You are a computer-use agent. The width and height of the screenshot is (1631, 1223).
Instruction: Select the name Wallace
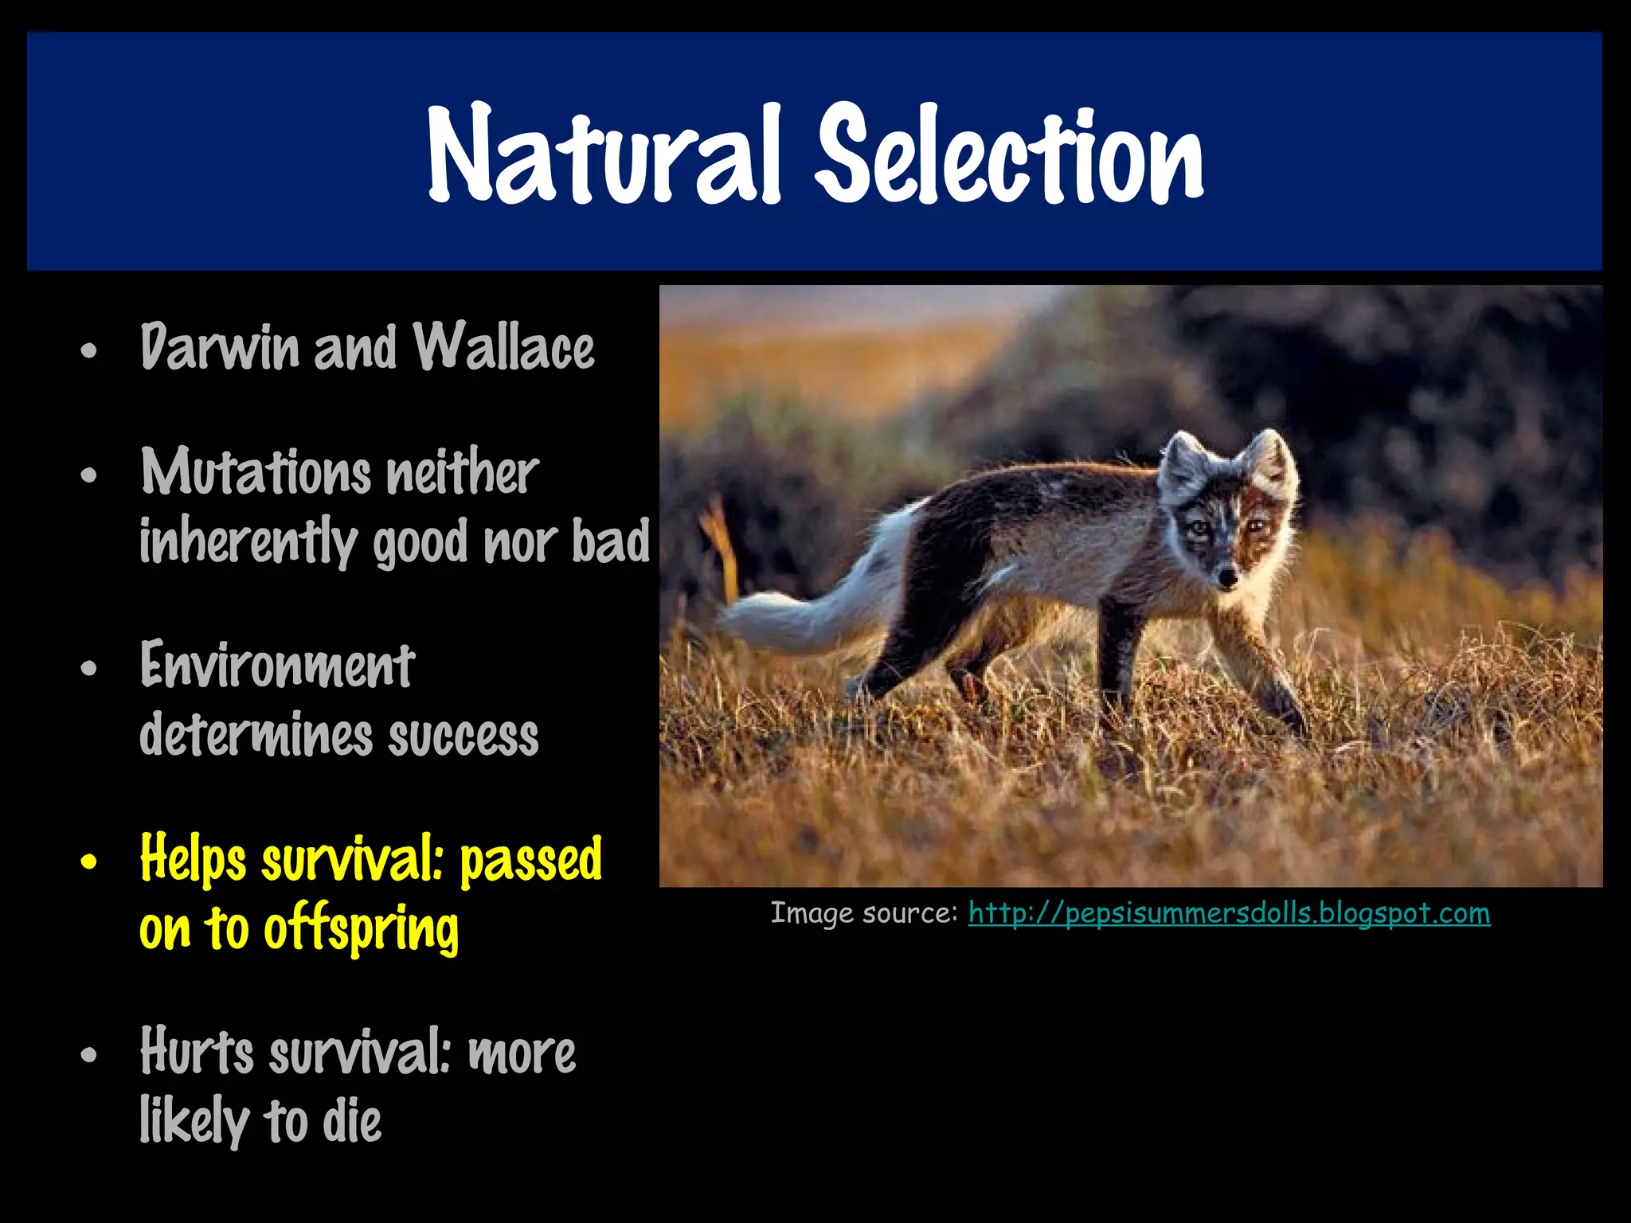tap(503, 348)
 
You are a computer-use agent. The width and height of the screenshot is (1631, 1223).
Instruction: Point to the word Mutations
tap(256, 472)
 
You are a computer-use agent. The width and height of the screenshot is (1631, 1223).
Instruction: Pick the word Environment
tap(277, 666)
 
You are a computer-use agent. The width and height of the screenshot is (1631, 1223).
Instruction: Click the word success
tap(463, 736)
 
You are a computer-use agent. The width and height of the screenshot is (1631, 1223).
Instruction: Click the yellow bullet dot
tap(89, 862)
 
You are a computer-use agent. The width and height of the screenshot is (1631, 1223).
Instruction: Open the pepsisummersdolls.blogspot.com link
tap(1229, 913)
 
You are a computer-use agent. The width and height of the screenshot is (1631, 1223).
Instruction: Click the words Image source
tap(863, 913)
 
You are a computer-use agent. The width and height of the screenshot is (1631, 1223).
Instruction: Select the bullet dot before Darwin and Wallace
tap(89, 350)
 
